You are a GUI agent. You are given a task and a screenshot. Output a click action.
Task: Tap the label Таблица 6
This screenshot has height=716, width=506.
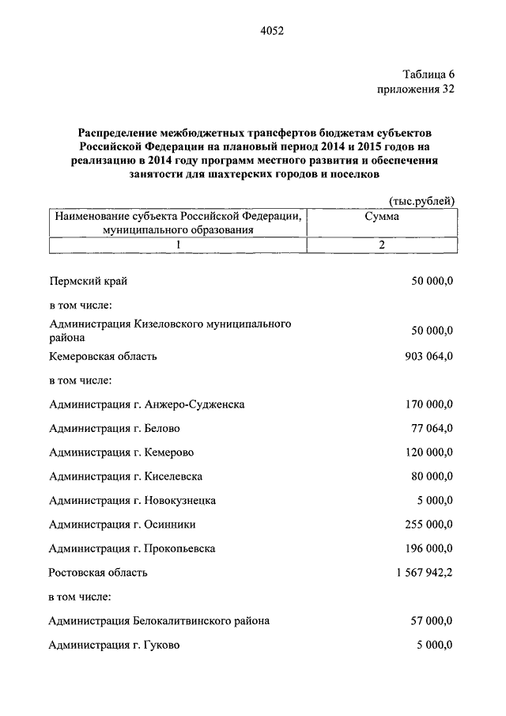tap(428, 74)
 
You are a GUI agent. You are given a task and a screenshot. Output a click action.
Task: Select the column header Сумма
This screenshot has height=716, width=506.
tap(381, 216)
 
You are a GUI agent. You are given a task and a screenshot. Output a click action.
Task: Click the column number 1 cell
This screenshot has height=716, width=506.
tap(178, 245)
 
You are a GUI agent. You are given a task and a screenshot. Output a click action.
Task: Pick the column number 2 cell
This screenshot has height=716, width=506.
tap(381, 245)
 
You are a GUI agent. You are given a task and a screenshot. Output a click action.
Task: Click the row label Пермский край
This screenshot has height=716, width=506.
tap(87, 281)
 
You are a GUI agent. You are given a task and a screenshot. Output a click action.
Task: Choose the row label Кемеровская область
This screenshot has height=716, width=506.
tap(103, 356)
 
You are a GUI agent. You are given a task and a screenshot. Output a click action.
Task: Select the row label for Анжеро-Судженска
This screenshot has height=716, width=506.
tap(146, 404)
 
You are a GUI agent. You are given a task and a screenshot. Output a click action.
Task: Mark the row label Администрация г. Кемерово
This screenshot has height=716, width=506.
tap(122, 453)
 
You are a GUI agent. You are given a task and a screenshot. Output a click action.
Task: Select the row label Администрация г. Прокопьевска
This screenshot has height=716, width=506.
tap(132, 548)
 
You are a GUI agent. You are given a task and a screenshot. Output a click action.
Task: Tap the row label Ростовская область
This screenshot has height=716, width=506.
tap(98, 572)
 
